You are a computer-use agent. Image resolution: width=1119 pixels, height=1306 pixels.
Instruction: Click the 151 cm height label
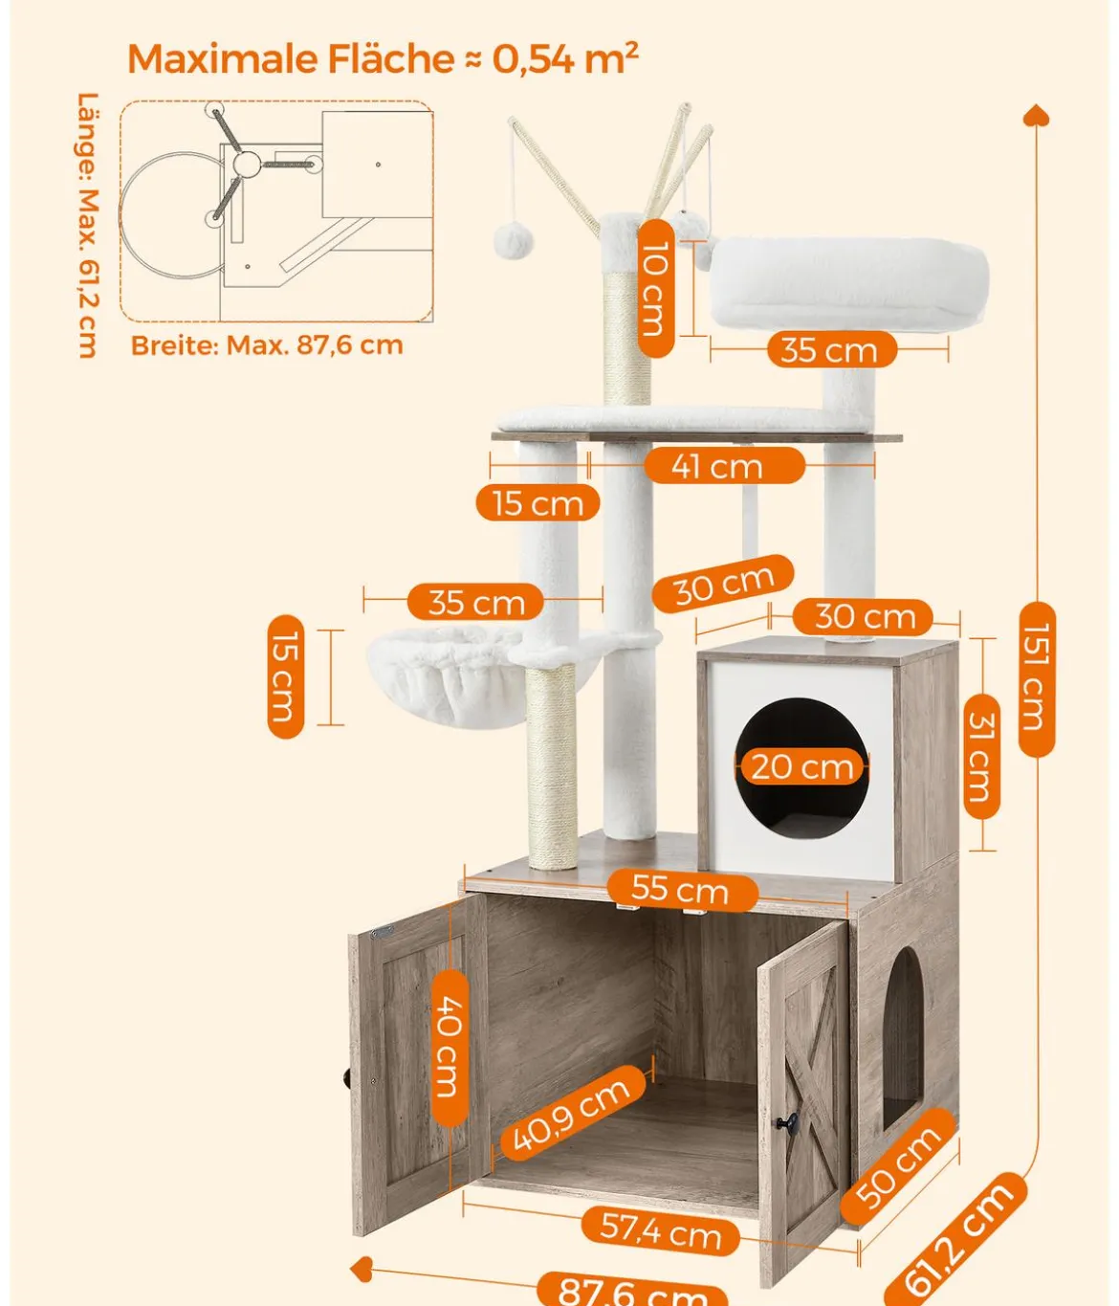tap(1037, 678)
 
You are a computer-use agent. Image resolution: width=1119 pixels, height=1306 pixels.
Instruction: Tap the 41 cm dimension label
tap(724, 466)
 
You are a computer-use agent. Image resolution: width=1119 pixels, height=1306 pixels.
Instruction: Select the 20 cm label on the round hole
tap(802, 767)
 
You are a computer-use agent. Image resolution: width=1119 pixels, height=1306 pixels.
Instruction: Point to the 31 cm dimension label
tap(982, 756)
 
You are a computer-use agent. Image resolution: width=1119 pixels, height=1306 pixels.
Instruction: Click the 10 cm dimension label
tap(655, 288)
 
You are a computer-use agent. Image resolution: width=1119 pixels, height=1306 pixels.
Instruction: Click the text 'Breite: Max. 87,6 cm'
tap(267, 345)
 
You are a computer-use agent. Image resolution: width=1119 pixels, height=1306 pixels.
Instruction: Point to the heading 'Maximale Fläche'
tap(291, 58)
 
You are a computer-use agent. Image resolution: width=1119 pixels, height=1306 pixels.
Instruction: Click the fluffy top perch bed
tap(847, 282)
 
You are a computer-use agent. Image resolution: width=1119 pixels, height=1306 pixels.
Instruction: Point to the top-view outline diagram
tap(276, 211)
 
